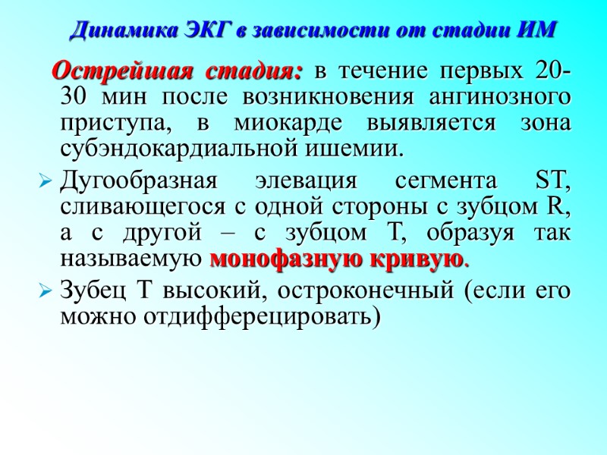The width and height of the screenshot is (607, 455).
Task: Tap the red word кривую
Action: pos(417,259)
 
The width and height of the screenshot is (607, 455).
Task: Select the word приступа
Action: pos(109,124)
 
